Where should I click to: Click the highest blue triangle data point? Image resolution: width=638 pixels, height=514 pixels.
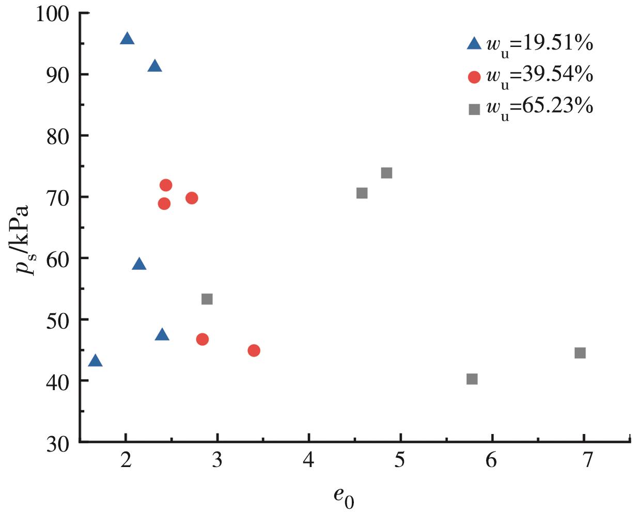127,39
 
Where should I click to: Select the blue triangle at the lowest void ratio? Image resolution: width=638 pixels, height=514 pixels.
95,361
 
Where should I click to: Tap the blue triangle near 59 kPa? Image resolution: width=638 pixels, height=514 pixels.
139,264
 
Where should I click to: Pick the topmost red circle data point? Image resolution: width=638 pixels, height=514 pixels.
166,185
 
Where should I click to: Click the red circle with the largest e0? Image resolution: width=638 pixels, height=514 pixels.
254,350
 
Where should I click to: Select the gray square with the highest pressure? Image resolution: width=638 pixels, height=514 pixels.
386,173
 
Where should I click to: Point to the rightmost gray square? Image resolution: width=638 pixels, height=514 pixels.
580,353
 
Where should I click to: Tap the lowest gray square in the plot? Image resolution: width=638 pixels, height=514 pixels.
472,379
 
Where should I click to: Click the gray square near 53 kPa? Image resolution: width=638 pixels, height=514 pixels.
207,299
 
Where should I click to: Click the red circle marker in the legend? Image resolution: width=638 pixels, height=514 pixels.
474,77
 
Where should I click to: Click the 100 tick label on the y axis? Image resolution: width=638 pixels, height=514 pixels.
52,14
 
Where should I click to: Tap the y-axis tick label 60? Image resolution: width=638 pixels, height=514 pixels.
58,259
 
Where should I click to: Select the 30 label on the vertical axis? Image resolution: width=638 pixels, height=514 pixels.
58,444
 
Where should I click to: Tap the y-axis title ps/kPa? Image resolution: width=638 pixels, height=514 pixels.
26,240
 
